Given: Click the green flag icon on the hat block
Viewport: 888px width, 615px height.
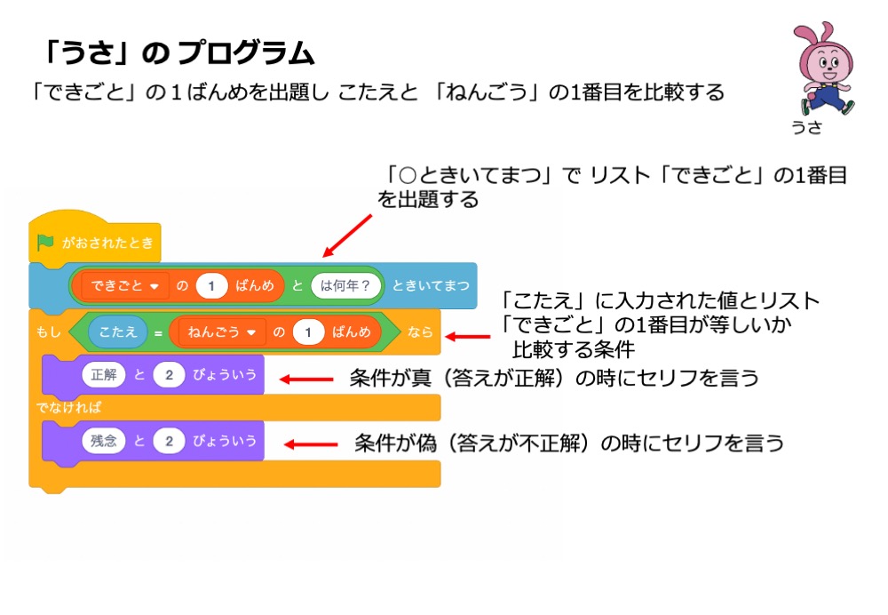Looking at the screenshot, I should click(45, 242).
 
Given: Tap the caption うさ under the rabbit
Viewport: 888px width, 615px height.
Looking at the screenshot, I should click(807, 127).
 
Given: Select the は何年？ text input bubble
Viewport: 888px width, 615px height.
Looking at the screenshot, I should click(346, 285).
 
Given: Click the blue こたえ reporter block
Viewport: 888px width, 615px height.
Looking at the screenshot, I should click(118, 331).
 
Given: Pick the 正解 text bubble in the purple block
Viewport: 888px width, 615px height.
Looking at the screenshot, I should click(104, 375).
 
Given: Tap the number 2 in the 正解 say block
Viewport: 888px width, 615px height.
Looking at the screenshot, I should click(168, 375).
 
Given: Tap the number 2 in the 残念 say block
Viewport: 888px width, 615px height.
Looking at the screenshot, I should click(168, 440).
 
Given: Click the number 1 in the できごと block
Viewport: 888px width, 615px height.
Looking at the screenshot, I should click(212, 285).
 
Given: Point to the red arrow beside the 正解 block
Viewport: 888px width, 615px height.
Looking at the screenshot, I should click(306, 379).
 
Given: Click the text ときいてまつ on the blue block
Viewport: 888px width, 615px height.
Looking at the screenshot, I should click(431, 285).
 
